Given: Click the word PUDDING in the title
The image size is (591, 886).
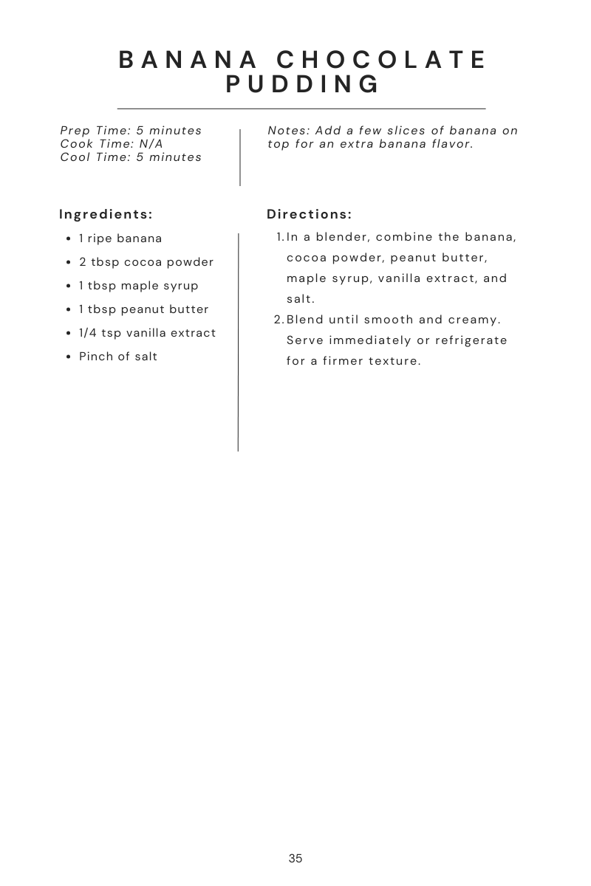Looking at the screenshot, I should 302,84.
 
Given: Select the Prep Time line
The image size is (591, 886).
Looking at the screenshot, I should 131,131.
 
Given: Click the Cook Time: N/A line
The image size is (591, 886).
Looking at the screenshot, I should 112,144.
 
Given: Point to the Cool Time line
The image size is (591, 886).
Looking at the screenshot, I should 131,157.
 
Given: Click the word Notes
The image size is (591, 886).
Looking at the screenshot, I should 288,131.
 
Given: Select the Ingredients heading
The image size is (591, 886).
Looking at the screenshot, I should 106,214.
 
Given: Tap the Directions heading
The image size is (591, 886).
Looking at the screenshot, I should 309,214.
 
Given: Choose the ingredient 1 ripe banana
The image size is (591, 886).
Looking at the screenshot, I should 120,238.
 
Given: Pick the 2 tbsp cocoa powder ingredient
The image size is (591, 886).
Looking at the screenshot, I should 146,262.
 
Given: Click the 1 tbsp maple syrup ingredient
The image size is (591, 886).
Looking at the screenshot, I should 139,286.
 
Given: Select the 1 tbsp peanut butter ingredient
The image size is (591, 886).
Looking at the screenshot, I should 144,309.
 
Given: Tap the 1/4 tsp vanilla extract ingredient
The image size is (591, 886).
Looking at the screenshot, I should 148,333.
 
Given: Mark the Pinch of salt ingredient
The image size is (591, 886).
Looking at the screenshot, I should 118,357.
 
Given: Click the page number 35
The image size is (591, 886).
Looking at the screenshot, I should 295,859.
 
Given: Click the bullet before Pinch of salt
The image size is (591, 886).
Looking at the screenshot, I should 68,357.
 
